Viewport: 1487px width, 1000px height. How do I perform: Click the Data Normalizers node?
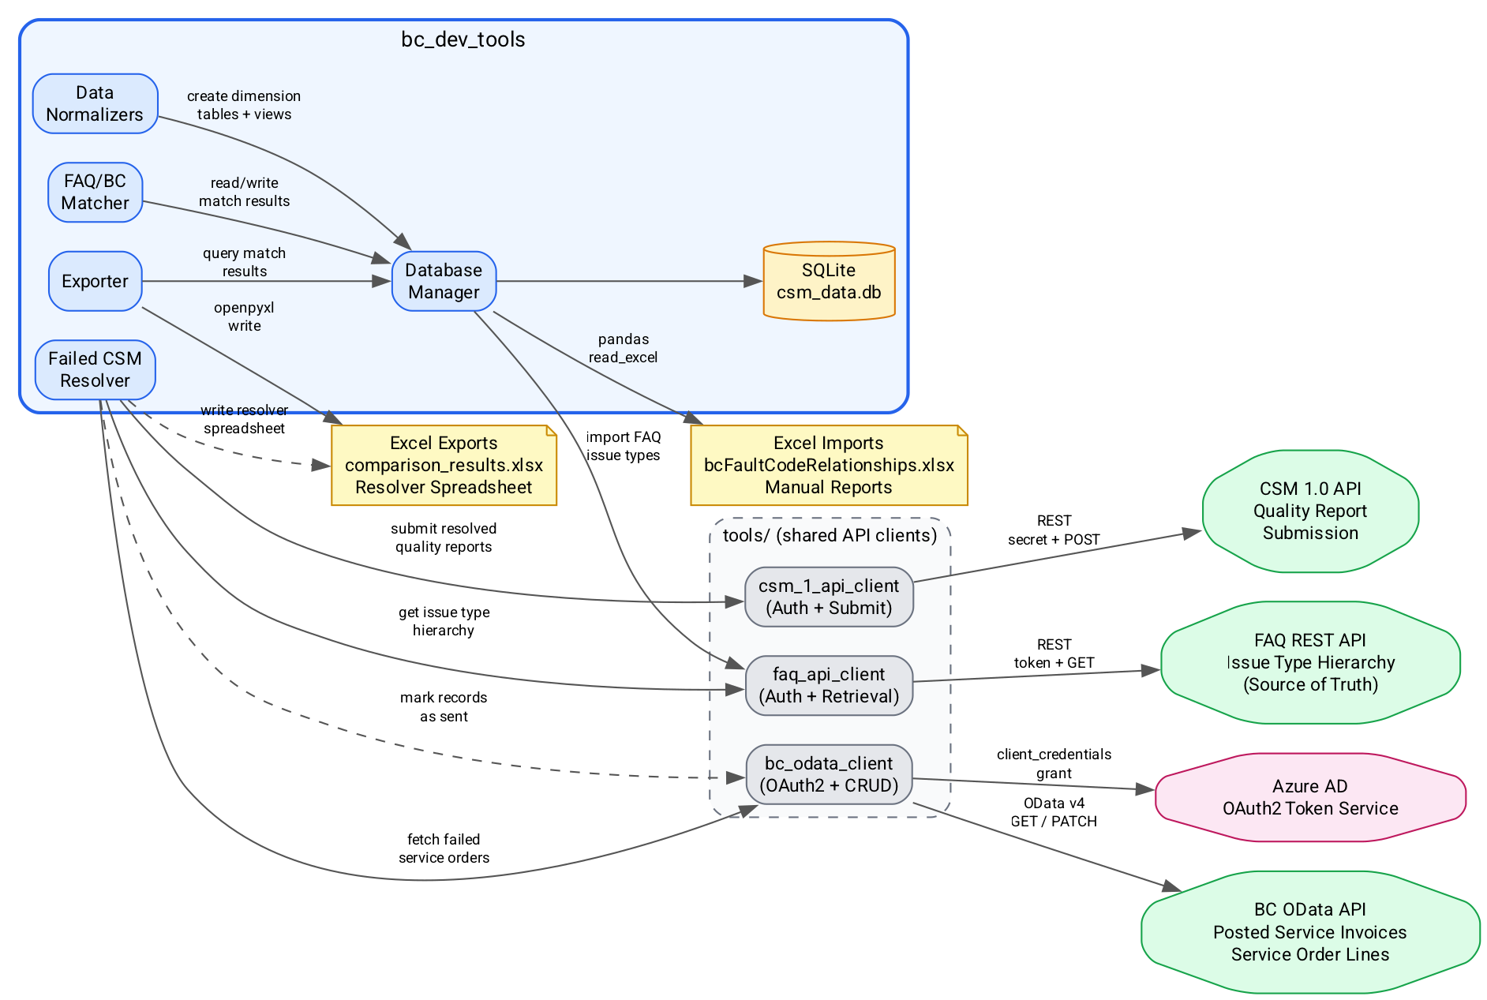[x=95, y=103]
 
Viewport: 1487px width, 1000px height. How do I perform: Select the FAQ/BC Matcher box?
[x=95, y=192]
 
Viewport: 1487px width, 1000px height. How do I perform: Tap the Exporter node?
[x=95, y=281]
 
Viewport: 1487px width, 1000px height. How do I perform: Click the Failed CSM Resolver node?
[x=95, y=369]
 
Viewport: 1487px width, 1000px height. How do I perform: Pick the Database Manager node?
[x=444, y=281]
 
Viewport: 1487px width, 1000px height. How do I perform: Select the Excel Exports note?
[x=444, y=465]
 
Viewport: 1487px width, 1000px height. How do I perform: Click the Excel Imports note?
[x=829, y=465]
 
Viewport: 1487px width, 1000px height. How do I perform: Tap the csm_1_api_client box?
[x=829, y=597]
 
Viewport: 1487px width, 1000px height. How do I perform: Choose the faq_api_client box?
[x=829, y=685]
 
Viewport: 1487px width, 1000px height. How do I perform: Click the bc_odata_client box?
[x=829, y=774]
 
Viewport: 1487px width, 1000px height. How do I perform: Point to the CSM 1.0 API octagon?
[x=1310, y=511]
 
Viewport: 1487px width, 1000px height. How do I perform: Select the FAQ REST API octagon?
[x=1310, y=662]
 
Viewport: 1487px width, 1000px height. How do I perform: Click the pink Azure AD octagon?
[x=1310, y=797]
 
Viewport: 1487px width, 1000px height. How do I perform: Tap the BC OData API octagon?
[x=1310, y=931]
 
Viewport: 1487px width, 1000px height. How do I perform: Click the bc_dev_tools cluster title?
[x=463, y=39]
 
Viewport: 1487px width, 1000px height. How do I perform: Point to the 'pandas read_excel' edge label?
[x=623, y=348]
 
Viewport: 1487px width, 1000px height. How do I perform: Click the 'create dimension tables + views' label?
[x=244, y=105]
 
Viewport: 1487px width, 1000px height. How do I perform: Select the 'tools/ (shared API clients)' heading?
[x=830, y=535]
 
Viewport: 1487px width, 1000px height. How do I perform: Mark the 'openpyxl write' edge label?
[x=244, y=316]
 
